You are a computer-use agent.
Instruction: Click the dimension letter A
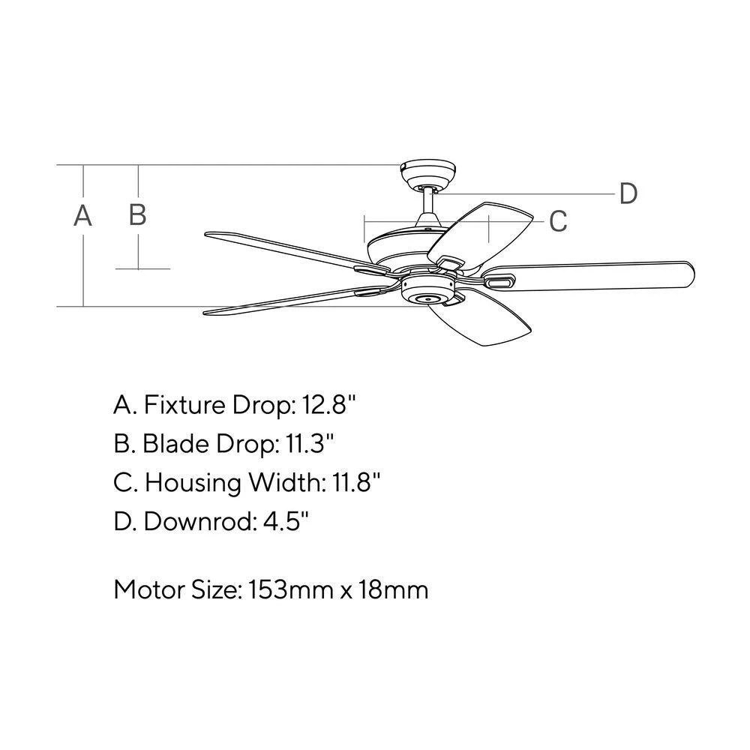(82, 215)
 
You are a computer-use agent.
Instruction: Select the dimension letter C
(558, 221)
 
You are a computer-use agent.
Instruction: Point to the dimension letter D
(628, 193)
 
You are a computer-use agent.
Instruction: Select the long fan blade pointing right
(588, 277)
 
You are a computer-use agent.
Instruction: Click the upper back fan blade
(480, 234)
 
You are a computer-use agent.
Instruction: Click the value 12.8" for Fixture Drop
(329, 405)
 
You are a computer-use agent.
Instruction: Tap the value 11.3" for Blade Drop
(309, 444)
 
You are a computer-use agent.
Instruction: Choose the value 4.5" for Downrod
(286, 521)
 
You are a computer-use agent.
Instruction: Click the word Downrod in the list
(197, 521)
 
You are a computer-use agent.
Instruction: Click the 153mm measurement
(291, 589)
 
